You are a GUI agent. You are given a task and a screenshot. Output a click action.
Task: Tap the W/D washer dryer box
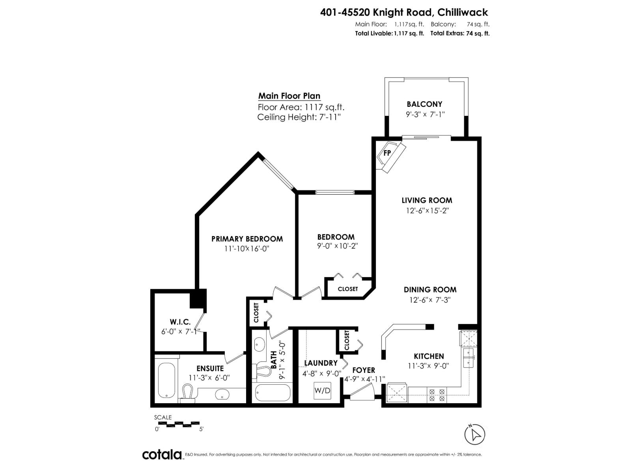click(322, 391)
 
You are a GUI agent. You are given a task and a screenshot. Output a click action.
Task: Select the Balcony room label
click(424, 104)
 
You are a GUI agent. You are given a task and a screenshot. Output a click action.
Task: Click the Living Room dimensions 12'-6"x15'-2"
click(428, 210)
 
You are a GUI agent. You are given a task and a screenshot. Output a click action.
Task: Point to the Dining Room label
click(430, 289)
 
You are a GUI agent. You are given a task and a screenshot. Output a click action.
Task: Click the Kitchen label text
click(429, 356)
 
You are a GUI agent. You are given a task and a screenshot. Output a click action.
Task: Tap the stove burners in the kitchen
click(437, 395)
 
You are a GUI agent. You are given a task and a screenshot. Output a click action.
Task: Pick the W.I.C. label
click(180, 322)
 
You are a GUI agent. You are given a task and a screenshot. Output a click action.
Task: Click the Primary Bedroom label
click(247, 239)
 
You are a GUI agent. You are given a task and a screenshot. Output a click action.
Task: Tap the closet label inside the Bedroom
click(347, 289)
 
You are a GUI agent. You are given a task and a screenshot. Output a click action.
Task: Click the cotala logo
click(162, 454)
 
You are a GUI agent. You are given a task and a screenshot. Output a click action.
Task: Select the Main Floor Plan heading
click(289, 96)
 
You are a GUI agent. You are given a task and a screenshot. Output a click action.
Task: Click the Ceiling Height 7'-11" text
click(299, 117)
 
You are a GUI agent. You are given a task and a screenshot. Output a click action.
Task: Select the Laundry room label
click(321, 363)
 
